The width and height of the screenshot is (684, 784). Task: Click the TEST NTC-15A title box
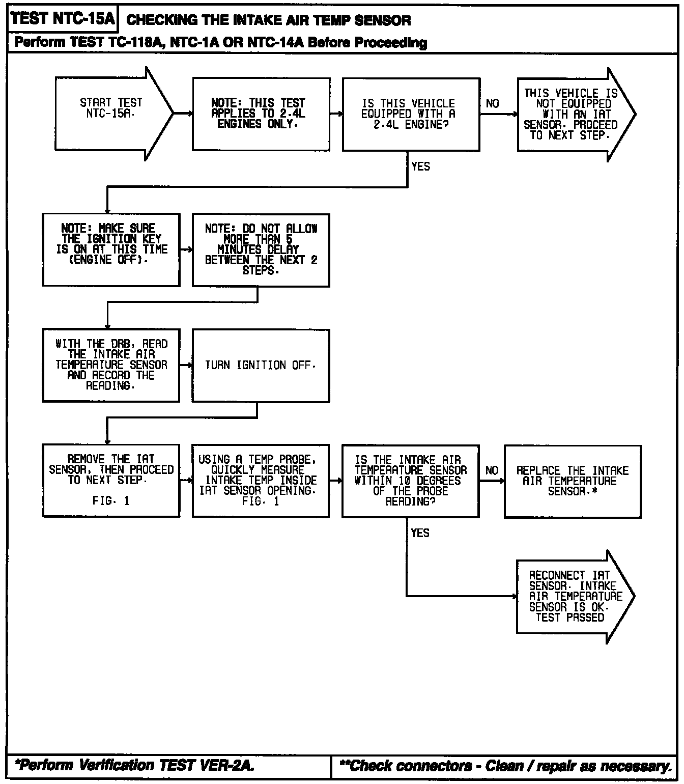pos(63,18)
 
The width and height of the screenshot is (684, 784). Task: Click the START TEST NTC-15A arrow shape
pos(114,114)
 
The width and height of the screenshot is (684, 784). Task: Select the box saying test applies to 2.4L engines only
pos(261,114)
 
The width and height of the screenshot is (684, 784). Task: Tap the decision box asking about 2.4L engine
pos(411,115)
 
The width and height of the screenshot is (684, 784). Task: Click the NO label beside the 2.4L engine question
pos(492,103)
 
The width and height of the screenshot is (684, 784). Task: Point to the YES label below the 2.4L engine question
pos(420,166)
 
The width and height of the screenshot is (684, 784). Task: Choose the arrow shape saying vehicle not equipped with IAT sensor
pos(577,115)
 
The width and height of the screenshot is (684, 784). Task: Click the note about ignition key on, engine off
pos(111,250)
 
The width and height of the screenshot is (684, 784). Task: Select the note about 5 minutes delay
pos(261,250)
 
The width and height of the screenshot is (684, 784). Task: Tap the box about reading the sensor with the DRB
pos(111,365)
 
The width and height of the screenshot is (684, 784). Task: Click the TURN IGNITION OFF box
pos(261,366)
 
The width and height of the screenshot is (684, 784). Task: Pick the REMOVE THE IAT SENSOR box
pos(111,481)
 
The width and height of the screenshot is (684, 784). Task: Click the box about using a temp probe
pos(261,481)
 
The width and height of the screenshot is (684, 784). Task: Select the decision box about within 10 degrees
pos(411,481)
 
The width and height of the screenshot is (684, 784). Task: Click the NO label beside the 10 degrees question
pos(492,470)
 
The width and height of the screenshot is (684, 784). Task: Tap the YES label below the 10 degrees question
pos(420,533)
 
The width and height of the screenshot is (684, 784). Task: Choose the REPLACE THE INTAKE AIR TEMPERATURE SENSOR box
pos(573,482)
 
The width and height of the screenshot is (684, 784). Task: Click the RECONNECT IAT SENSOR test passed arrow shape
pos(576,597)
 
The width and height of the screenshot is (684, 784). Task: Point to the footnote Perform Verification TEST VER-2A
pos(134,765)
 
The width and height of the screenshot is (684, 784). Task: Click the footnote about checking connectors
pos(505,766)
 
